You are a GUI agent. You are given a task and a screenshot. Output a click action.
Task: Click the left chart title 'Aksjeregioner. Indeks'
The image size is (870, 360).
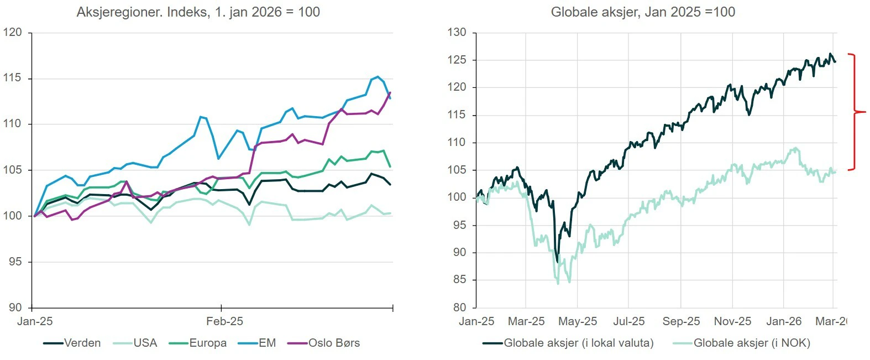[198, 12]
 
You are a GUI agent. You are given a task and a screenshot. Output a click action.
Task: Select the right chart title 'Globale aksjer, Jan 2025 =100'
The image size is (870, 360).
[643, 12]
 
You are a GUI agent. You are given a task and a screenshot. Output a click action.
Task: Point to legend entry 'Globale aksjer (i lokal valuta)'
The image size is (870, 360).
[578, 343]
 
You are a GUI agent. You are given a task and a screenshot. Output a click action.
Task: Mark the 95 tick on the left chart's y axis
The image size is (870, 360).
[15, 262]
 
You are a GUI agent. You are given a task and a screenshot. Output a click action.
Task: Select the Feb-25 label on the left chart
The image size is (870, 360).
[224, 321]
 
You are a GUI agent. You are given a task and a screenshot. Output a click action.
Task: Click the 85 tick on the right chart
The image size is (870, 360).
[459, 280]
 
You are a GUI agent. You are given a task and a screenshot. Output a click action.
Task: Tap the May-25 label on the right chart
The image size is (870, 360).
[578, 321]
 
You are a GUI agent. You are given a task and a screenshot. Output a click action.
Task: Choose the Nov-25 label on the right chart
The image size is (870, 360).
[732, 321]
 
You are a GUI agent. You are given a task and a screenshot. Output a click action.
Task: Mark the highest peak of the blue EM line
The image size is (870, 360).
[378, 76]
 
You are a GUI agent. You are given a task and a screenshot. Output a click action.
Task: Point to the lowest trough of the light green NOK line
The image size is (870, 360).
[558, 284]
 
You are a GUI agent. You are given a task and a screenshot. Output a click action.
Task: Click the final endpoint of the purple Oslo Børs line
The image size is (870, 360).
[390, 92]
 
